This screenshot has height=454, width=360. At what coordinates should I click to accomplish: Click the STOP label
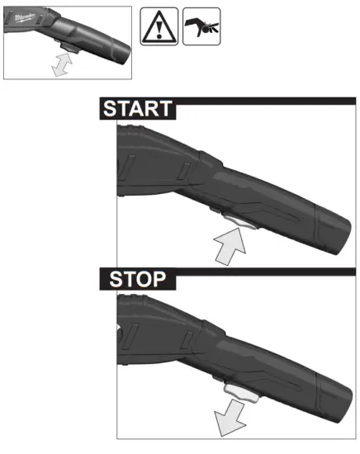pos(137,279)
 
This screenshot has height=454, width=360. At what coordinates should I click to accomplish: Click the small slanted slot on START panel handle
pos(186,170)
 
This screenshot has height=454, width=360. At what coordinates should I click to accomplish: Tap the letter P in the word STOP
pos(164,279)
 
